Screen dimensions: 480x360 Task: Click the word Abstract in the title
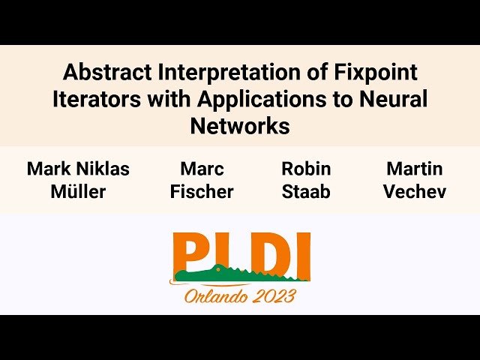[x=107, y=72]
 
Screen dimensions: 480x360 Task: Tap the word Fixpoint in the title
[x=376, y=73]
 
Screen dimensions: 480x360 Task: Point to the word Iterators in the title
[x=97, y=99]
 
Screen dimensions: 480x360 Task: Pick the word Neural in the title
[x=393, y=99]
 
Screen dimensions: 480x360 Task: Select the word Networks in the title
[x=240, y=126]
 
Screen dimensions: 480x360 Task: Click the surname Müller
[x=78, y=192]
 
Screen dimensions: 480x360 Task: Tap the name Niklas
[x=103, y=169]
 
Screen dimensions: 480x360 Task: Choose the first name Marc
[x=202, y=169]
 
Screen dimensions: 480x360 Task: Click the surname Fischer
[x=202, y=192]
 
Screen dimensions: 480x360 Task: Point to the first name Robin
[x=306, y=169]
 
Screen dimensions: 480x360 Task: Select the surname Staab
[x=306, y=192]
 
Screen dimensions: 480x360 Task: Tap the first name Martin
[x=415, y=169]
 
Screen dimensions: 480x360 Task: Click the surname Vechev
[x=415, y=192]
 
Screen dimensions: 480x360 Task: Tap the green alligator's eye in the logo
[x=218, y=269]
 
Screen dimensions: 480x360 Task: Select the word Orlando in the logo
[x=215, y=295]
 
